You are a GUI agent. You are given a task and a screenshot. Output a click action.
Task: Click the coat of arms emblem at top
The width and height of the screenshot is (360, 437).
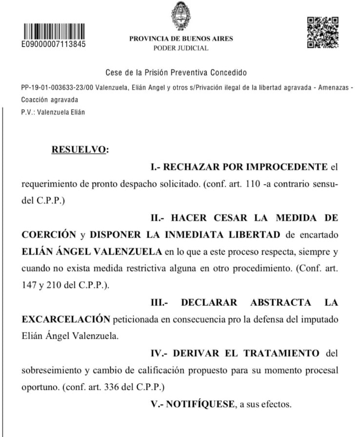180,16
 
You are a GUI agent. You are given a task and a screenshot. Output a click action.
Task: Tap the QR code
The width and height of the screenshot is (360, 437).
322,33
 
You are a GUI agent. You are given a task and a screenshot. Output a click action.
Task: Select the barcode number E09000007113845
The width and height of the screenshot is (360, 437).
53,44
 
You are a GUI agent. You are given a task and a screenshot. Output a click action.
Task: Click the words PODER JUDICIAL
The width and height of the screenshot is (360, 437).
180,48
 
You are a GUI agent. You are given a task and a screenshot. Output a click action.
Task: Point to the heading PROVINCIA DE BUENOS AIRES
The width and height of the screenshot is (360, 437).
181,39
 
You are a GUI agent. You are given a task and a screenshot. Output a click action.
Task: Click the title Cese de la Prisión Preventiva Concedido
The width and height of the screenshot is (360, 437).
176,73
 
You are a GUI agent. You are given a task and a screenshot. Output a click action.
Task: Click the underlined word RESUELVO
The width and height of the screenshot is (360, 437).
78,150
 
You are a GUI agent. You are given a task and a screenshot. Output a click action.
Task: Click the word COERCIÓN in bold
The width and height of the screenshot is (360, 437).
49,234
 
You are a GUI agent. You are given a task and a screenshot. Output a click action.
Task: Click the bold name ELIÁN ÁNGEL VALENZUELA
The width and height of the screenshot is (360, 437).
92,251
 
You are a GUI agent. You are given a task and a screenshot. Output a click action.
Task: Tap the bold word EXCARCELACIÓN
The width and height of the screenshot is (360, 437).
66,319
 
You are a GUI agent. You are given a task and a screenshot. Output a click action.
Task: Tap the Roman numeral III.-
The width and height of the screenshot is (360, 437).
159,302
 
